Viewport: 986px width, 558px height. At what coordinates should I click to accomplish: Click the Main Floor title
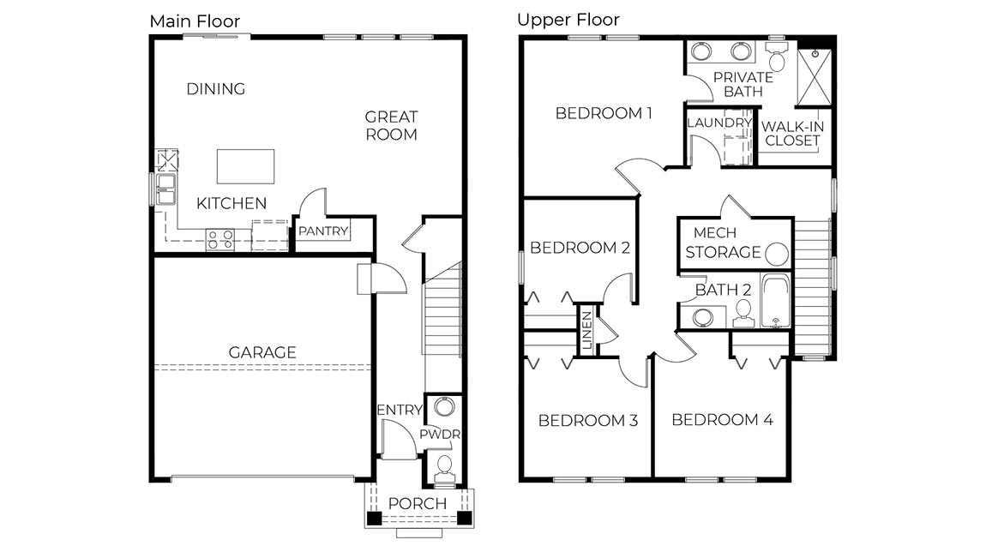click(195, 21)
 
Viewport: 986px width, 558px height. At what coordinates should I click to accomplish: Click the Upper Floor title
click(568, 20)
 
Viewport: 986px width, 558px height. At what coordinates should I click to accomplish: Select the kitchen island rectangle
click(245, 166)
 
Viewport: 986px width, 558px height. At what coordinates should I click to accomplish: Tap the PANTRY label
click(323, 231)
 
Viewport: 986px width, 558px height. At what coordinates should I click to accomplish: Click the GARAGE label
click(262, 352)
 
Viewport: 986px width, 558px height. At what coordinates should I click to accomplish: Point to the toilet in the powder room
click(444, 468)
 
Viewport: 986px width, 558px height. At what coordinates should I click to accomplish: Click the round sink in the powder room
click(444, 407)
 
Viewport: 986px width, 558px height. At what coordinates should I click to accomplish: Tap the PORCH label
click(418, 503)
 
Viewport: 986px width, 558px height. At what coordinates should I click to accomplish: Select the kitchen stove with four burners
click(220, 239)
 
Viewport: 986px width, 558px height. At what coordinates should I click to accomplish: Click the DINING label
click(216, 89)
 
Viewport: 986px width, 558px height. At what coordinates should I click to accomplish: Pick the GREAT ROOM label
click(391, 125)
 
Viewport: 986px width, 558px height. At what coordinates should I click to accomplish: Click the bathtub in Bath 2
click(776, 302)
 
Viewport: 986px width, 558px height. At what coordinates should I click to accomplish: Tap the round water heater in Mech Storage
click(777, 253)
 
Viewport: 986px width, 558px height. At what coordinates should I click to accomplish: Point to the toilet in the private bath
click(777, 57)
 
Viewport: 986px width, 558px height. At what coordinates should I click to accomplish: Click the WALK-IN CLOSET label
click(793, 134)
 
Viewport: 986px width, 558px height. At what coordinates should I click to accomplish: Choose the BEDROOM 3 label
click(587, 421)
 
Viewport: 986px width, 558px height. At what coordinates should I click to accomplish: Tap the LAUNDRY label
click(719, 123)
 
